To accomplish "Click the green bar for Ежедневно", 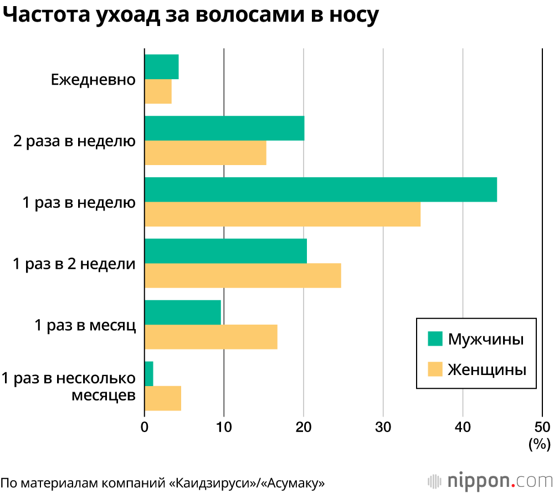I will tap(161, 66).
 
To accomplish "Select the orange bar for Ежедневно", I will tap(158, 91).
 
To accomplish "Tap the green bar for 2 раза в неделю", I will tap(224, 128).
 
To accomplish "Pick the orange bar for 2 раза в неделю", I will tap(205, 153).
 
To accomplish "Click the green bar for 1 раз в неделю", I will tap(320, 189).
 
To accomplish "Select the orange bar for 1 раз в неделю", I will tap(283, 214).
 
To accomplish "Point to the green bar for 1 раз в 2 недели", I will tap(225, 251).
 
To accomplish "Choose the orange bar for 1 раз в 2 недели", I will tap(243, 275).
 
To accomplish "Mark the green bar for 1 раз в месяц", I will tap(183, 312).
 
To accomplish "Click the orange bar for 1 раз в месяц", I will tap(211, 337).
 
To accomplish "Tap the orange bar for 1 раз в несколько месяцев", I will tap(162, 398).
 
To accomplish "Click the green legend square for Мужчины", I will tap(435, 339).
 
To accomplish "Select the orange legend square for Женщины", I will tap(435, 369).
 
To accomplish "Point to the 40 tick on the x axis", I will tap(463, 427).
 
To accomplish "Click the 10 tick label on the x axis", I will tap(224, 427).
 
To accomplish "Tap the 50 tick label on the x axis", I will tap(542, 427).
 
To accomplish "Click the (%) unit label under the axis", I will tap(539, 444).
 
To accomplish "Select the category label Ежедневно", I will tap(93, 79).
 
